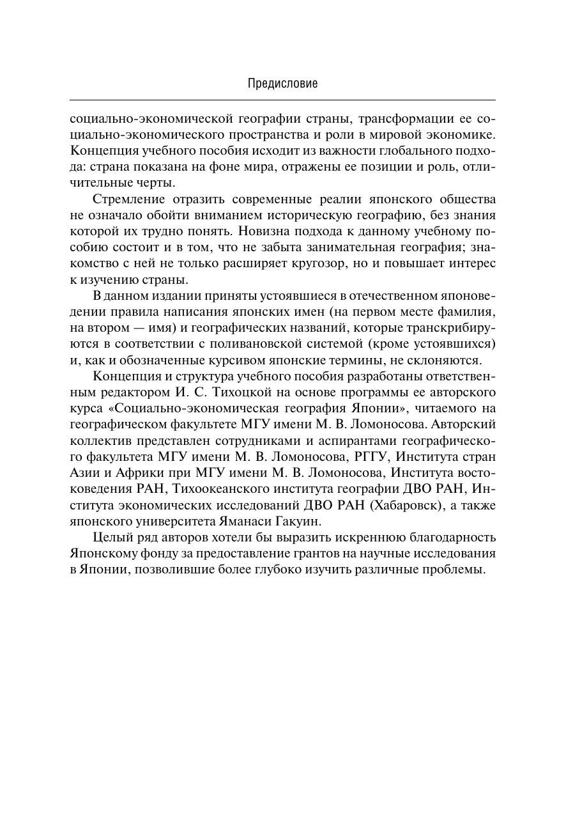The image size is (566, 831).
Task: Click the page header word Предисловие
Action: pyautogui.click(x=282, y=83)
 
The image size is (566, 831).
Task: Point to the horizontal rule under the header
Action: pyautogui.click(x=282, y=100)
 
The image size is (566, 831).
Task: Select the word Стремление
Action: pyautogui.click(x=126, y=199)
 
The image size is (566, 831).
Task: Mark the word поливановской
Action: pyautogui.click(x=302, y=344)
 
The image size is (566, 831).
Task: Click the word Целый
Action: pyautogui.click(x=110, y=537)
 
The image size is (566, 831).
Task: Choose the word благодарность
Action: pyautogui.click(x=459, y=537)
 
